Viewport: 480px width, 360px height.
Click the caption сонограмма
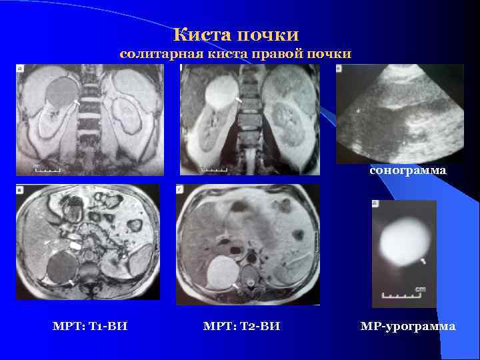pyautogui.click(x=408, y=171)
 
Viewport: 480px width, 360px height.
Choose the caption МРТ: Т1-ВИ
pyautogui.click(x=90, y=327)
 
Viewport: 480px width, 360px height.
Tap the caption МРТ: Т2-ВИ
pyautogui.click(x=241, y=327)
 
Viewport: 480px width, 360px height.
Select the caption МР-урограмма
pyautogui.click(x=408, y=327)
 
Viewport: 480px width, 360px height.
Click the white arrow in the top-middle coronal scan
pyautogui.click(x=239, y=100)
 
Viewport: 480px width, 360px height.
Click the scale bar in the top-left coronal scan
pyautogui.click(x=48, y=170)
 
